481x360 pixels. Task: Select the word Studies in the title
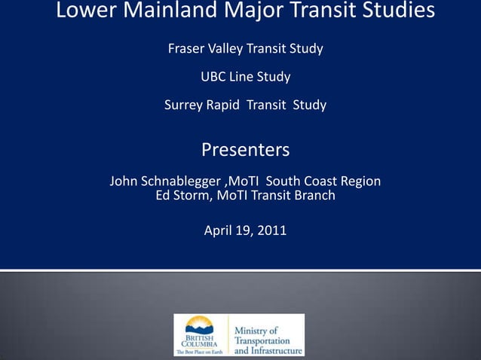tap(397, 11)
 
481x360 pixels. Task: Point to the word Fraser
tap(185, 49)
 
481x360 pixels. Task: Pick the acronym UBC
tap(215, 77)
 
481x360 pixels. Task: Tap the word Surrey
tap(184, 105)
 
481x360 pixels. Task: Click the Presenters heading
tap(245, 150)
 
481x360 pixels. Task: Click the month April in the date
tap(219, 230)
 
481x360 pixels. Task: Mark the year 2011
tap(272, 230)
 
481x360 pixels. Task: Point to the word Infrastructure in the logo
tap(279, 350)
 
